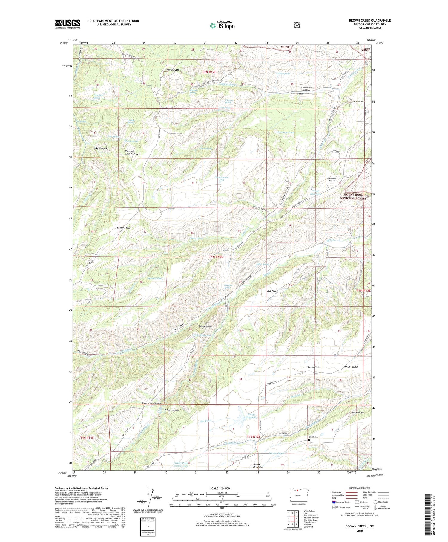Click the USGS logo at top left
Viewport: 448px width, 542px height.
(67, 24)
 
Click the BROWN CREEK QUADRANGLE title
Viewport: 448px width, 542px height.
(369, 20)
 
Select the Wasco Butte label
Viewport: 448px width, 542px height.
(173, 70)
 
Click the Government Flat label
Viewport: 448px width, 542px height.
(222, 179)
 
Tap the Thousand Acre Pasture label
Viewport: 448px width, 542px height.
(132, 153)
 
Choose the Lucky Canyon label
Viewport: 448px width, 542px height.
(99, 148)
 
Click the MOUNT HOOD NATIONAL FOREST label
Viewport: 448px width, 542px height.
(353, 196)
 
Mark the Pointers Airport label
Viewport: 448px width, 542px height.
(330, 179)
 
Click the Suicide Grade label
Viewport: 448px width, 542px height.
(205, 326)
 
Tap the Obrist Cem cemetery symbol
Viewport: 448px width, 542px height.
(309, 440)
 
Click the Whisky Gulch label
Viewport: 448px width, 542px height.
(351, 367)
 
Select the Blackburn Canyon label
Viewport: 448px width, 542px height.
(151, 403)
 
